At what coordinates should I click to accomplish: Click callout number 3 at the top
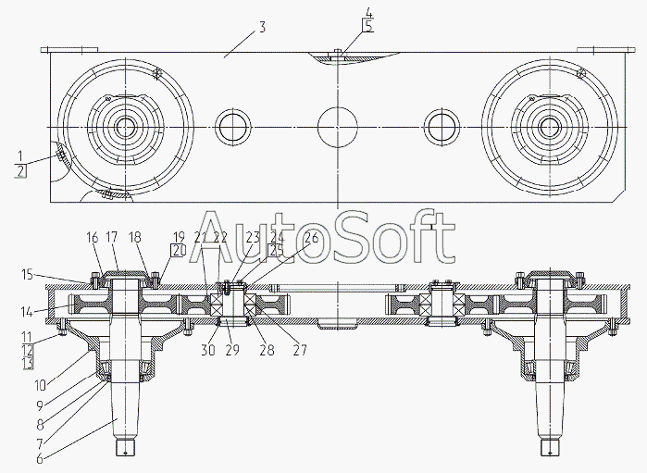[x=262, y=27]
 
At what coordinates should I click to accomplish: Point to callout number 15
[x=27, y=274]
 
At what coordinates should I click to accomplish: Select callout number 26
[x=311, y=238]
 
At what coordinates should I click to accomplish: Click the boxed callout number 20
[x=178, y=250]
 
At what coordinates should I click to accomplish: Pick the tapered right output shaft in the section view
[x=552, y=407]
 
